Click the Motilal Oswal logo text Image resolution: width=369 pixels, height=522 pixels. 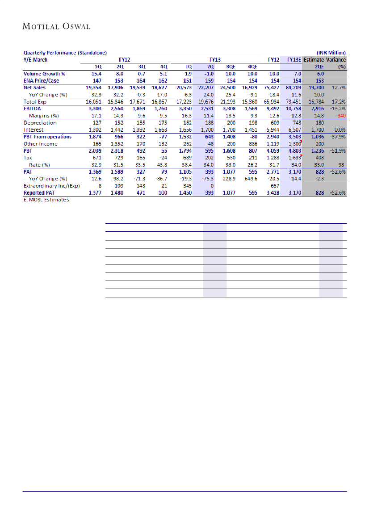click(x=56, y=26)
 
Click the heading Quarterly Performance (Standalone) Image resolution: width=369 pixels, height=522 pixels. click(x=65, y=53)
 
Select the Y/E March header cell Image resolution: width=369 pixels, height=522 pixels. click(x=35, y=59)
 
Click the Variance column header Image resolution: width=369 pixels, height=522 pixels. click(x=335, y=59)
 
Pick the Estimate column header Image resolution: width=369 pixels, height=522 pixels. click(x=314, y=59)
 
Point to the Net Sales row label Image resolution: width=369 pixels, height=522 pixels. click(x=34, y=88)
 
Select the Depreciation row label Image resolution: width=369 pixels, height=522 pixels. click(x=40, y=122)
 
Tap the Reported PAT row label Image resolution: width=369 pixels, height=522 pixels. click(x=39, y=193)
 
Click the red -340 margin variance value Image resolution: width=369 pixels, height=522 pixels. click(x=340, y=115)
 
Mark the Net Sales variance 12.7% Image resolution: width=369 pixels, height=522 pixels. click(x=338, y=88)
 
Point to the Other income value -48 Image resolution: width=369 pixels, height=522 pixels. click(x=208, y=144)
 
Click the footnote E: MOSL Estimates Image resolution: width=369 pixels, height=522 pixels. click(x=46, y=200)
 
